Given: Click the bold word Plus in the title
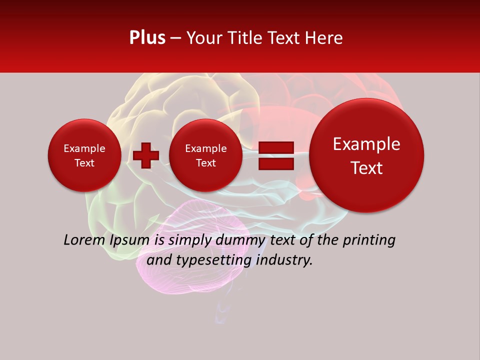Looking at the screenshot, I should (x=147, y=38).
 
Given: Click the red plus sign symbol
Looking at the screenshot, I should (x=146, y=155).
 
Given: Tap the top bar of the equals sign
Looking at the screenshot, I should (x=276, y=147).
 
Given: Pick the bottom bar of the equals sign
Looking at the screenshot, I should (x=276, y=163).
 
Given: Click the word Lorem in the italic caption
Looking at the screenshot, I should (x=83, y=240).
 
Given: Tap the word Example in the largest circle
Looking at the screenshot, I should (x=366, y=144).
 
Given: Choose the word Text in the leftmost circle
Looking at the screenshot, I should (x=84, y=163).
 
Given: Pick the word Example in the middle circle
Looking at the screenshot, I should (x=205, y=148).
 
